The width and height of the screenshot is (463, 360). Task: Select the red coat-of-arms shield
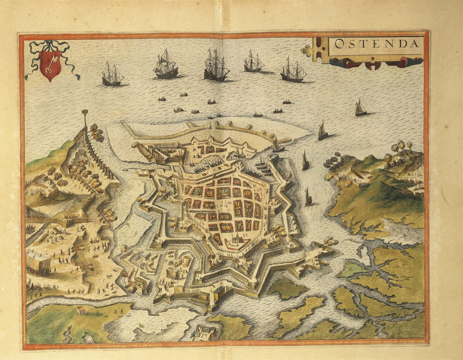(x=50, y=65)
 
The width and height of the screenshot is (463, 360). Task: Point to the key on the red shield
(x=50, y=64)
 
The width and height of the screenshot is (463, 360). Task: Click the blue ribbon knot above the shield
(x=50, y=44)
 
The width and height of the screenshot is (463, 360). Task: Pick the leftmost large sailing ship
(x=112, y=75)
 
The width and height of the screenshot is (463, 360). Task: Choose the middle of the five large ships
(x=216, y=66)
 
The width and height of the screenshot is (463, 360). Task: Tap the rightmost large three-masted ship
(x=293, y=70)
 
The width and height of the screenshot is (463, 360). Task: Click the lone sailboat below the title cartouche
(x=360, y=108)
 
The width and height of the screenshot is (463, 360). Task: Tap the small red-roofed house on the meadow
(x=81, y=310)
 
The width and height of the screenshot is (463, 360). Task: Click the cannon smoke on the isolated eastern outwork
(x=330, y=242)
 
